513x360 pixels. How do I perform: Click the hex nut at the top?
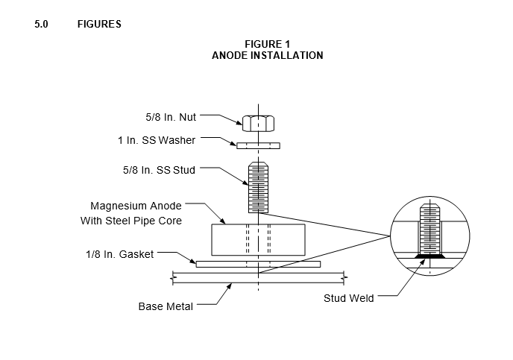(x=259, y=123)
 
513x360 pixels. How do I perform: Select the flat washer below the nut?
(x=259, y=145)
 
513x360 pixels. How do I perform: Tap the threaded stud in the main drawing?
(x=259, y=188)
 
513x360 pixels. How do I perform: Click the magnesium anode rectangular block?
(x=259, y=240)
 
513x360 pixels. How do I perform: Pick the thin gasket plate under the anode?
(x=258, y=264)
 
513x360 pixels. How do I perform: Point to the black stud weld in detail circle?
(x=430, y=256)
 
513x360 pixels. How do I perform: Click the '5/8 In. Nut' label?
(x=171, y=117)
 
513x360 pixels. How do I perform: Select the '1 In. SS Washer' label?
(x=157, y=140)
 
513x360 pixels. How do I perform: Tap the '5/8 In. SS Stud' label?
(x=159, y=170)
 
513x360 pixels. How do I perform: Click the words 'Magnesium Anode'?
(x=136, y=206)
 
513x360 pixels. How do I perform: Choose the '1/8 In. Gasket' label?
(x=119, y=254)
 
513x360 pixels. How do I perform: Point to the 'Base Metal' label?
(x=166, y=306)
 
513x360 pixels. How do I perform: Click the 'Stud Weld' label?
(x=349, y=298)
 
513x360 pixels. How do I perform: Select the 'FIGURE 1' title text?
(x=267, y=44)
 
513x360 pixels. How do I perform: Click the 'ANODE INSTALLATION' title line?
(x=267, y=55)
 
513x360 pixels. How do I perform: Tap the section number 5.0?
(x=41, y=24)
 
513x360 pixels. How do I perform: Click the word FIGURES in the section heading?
(x=99, y=24)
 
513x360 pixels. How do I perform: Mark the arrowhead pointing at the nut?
(x=239, y=123)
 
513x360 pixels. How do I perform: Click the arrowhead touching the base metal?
(x=229, y=286)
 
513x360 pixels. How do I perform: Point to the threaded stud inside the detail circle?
(x=430, y=229)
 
